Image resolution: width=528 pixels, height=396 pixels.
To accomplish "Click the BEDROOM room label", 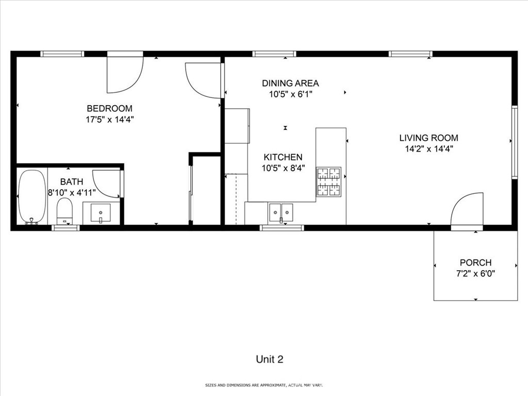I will point(109,108).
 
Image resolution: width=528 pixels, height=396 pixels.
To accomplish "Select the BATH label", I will point(71,181).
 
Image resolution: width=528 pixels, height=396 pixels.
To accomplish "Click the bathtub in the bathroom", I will point(32,196).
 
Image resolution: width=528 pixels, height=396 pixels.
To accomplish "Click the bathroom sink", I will point(100,212).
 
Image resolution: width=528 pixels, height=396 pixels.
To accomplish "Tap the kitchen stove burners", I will point(328,181).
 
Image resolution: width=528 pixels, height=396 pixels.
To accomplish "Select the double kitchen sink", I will point(280,212).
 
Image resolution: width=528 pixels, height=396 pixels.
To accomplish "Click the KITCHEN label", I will point(283,157).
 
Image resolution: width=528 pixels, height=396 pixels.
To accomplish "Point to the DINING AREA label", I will point(290,83).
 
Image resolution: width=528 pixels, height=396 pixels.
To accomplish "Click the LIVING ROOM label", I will point(428,138).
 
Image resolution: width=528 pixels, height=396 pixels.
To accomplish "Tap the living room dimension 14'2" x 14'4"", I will point(428,149).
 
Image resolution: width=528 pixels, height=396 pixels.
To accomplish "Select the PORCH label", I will point(475,262).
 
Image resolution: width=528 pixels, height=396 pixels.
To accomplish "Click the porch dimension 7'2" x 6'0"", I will point(475,274).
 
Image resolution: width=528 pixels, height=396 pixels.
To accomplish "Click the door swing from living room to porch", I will point(467,210).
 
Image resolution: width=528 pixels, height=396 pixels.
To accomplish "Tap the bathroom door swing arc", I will point(107,184).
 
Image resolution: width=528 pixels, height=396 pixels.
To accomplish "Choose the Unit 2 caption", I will point(270,359).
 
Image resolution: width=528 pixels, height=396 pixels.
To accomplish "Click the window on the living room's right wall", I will point(514,142).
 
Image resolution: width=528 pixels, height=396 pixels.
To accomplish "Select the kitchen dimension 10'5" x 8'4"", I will point(283,168).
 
